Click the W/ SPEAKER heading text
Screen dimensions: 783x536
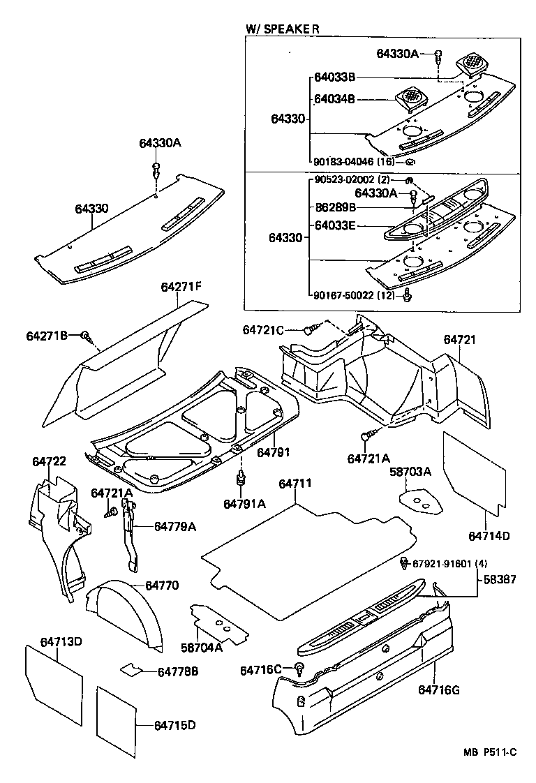pos(282,29)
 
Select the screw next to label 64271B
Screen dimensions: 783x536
pos(87,336)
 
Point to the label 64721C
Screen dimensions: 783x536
pos(263,329)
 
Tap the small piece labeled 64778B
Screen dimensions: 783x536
pos(130,670)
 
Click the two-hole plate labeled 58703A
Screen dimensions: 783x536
pos(420,501)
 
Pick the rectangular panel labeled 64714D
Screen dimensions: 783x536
pos(475,470)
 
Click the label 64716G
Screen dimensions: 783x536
pos(439,690)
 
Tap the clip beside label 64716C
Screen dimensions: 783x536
pos(299,669)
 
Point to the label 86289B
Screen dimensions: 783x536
pos(335,207)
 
